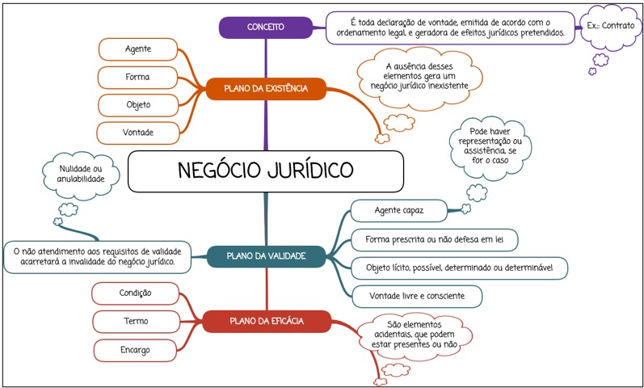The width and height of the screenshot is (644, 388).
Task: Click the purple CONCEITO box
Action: pos(266,27)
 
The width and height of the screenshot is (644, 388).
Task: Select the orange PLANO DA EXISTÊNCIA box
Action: pos(266,88)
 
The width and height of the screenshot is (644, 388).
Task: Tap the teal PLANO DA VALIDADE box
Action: pos(266,256)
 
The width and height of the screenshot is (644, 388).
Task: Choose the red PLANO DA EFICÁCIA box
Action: pos(267,321)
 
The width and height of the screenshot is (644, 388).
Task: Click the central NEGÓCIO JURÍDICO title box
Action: pos(266,171)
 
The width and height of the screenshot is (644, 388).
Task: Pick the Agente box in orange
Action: pos(138,49)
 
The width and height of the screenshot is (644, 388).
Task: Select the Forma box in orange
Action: pos(137,78)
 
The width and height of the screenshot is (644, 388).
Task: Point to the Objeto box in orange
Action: pos(138,105)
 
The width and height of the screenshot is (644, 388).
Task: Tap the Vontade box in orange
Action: pos(138,133)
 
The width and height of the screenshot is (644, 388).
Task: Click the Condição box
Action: pos(135,293)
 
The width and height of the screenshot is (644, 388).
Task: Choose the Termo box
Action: pos(136,322)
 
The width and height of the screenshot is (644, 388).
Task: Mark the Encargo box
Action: pos(135,350)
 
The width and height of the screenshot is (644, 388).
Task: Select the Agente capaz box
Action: pos(399,211)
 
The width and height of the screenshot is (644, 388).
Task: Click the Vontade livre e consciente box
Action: pos(417,297)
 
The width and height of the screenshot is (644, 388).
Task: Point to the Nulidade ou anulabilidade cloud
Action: pos(81,175)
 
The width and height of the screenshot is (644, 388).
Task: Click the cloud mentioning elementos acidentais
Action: pos(414,335)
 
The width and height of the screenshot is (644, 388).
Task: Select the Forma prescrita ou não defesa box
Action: pos(434,240)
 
